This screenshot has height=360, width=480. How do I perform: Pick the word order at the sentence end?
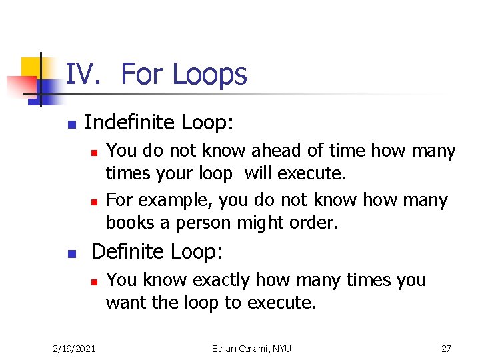(x=315, y=223)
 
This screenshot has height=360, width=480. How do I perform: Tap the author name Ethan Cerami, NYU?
(x=251, y=348)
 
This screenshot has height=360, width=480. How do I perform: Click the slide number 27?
(x=446, y=348)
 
